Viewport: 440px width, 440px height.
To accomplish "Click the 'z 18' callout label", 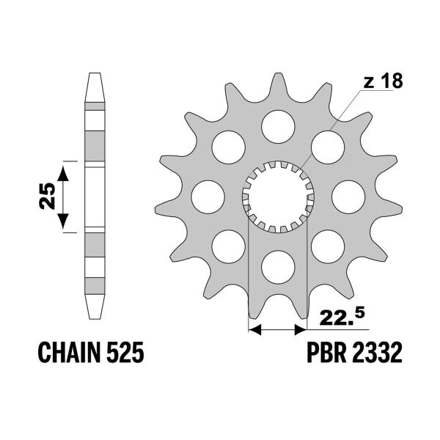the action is coord(383,81).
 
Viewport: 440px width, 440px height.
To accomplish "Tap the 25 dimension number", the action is coord(47,196).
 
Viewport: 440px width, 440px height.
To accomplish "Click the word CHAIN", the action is coord(69,352).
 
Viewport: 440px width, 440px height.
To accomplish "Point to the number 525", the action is coord(125,352).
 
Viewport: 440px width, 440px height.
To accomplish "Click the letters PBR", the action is coord(326,352).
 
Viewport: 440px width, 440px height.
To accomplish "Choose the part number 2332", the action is coord(377,352).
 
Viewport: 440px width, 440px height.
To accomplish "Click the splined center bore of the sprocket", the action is coord(278,197).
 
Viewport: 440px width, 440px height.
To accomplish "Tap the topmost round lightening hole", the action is coord(278,127).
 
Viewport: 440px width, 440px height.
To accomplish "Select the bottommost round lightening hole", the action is coord(278,267).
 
